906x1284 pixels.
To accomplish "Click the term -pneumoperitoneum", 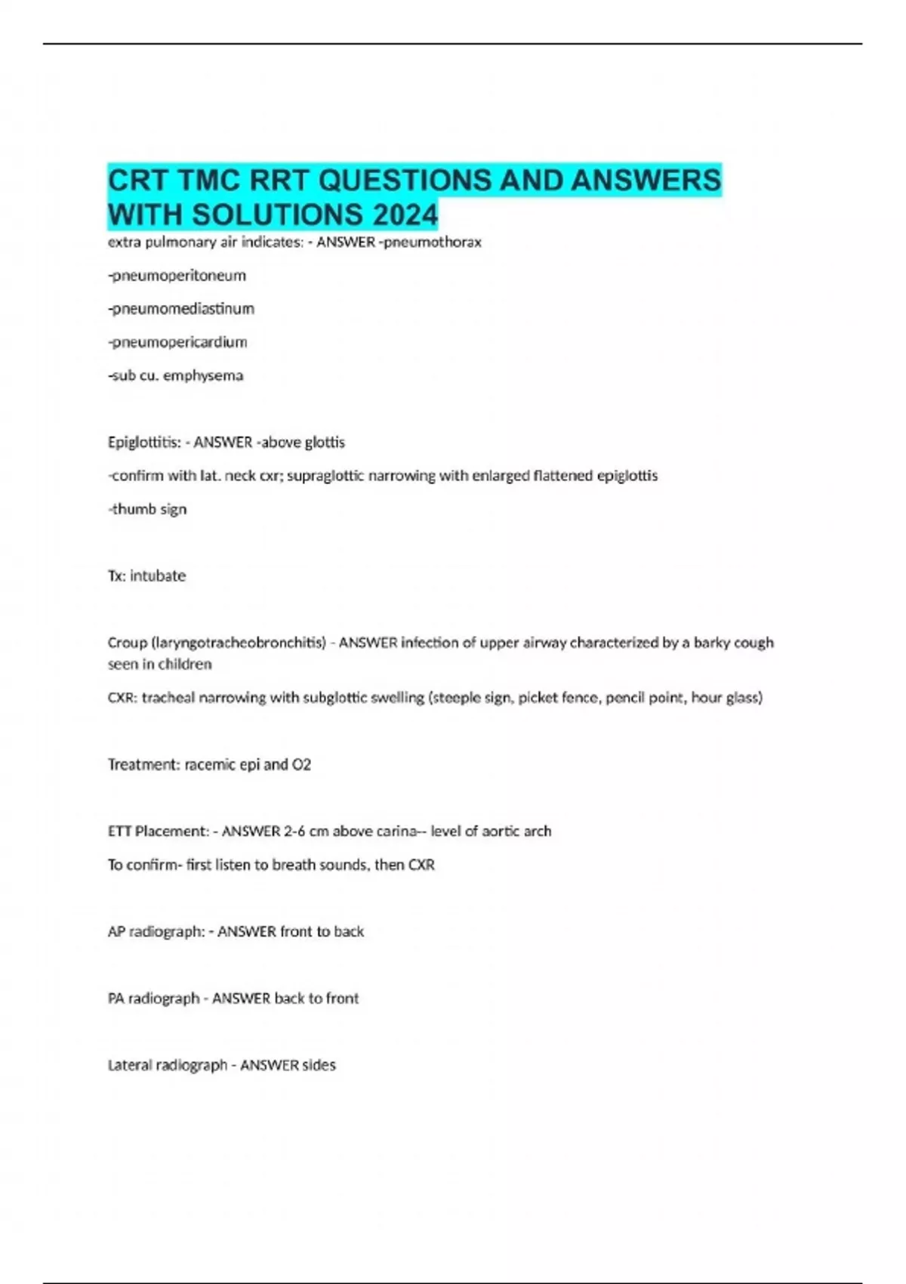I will (x=177, y=276).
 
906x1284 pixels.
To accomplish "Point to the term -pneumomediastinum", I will (x=181, y=309).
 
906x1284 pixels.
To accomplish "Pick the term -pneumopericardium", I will (x=178, y=342).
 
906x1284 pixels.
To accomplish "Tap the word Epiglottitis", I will (x=143, y=443).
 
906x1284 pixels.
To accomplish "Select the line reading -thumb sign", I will (x=148, y=509).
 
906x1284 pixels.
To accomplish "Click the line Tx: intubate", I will (x=146, y=576).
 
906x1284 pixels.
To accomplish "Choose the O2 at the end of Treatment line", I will (x=301, y=764).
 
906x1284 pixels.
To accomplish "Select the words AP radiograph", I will (x=156, y=932).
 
